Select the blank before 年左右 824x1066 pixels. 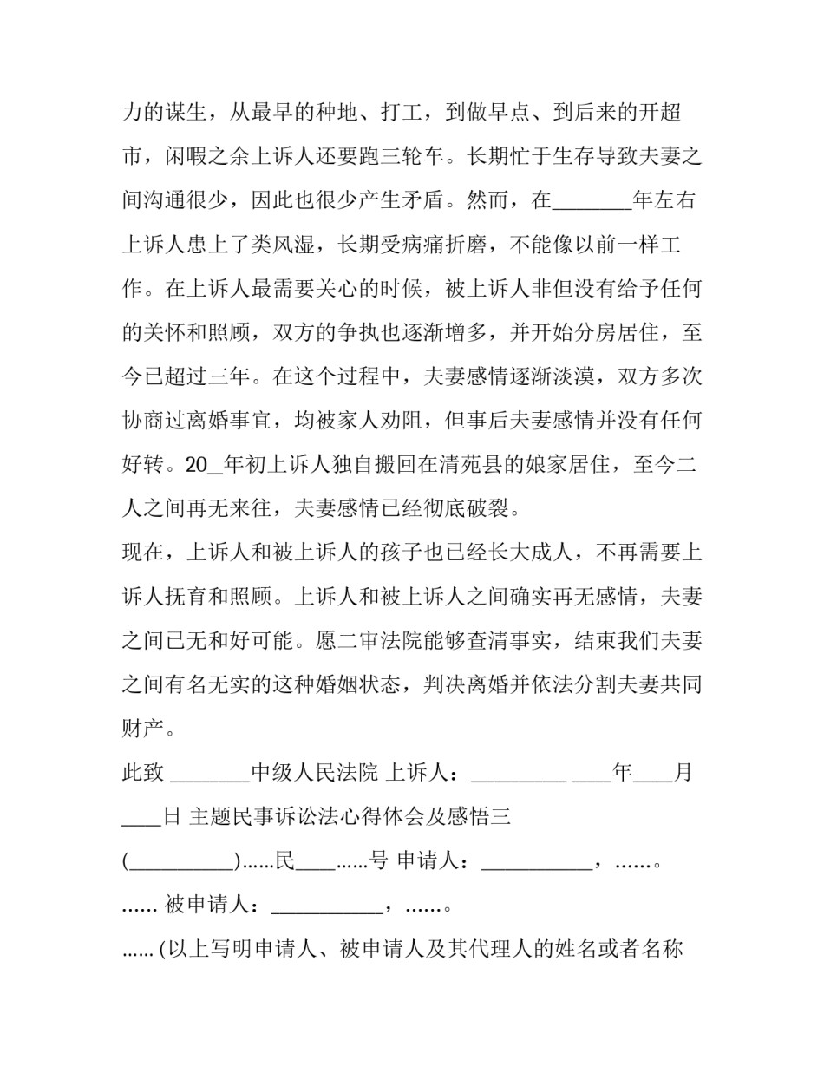(592, 201)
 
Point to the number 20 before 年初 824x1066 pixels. (198, 465)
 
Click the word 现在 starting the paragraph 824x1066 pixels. (143, 553)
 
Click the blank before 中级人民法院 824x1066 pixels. (211, 773)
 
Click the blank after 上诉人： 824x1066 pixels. (518, 773)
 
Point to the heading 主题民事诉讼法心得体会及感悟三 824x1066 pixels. (349, 817)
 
